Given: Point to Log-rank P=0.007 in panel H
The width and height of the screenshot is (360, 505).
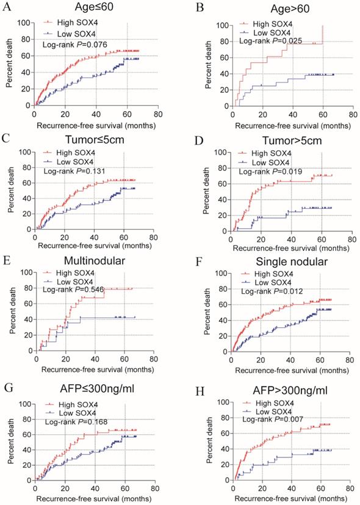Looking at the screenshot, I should pyautogui.click(x=270, y=420).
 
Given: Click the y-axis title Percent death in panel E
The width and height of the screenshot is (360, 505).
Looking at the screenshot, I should pyautogui.click(x=8, y=311).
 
